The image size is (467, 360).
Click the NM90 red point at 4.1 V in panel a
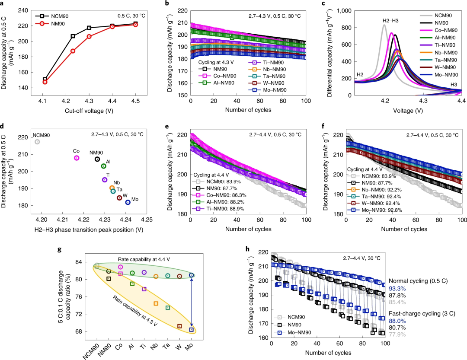click(x=45, y=82)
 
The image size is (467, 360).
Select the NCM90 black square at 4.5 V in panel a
click(x=135, y=24)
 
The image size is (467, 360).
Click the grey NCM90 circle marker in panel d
click(x=37, y=142)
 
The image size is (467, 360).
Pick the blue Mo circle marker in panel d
click(x=128, y=202)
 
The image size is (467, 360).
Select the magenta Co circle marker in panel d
click(x=77, y=158)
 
